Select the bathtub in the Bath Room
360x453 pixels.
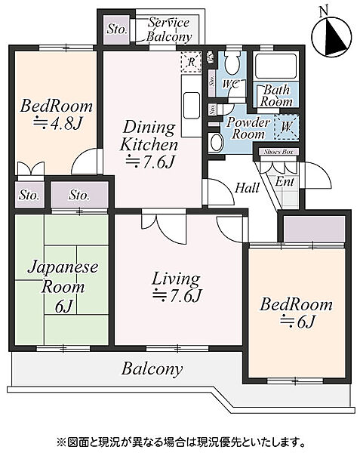click(276, 66)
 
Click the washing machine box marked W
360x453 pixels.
click(286, 127)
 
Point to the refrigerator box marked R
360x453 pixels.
click(191, 62)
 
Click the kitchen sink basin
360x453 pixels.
click(191, 106)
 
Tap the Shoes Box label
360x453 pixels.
click(278, 152)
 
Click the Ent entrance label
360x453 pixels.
click(285, 181)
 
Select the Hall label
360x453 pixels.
click(247, 188)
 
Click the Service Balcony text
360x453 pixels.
click(169, 29)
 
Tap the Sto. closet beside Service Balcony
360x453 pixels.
click(116, 29)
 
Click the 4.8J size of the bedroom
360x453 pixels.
click(58, 124)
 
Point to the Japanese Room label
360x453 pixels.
click(63, 276)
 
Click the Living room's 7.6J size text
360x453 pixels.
click(177, 295)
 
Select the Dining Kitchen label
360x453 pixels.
click(149, 136)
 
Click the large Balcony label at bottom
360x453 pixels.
click(152, 369)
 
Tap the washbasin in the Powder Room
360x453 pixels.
click(215, 143)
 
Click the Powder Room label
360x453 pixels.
click(248, 128)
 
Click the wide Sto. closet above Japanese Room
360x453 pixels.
click(80, 195)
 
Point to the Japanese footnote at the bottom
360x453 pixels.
click(180, 442)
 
